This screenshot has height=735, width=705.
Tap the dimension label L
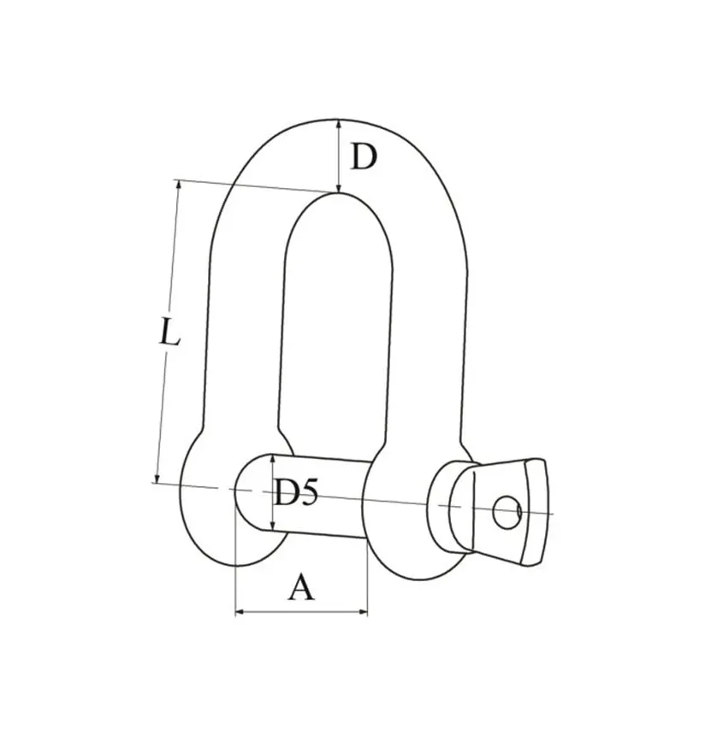point(169,332)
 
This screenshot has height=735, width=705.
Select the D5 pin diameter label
point(296,492)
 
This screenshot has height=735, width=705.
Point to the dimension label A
point(301,587)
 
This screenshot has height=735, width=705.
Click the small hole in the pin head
point(507,511)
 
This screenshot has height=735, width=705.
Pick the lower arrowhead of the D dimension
point(338,187)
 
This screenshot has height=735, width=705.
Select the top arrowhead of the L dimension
point(178,185)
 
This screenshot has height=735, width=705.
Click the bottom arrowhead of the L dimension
point(157,477)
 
